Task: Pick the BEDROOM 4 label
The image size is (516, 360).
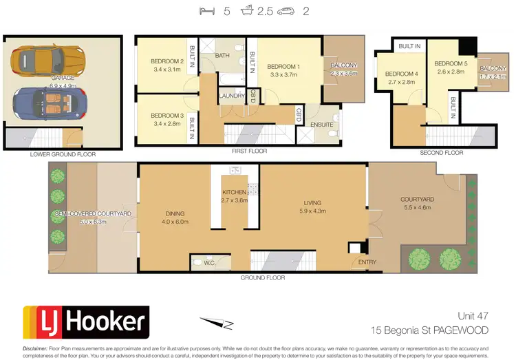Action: click(x=401, y=74)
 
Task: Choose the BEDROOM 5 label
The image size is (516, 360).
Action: click(x=450, y=63)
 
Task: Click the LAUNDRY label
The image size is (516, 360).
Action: click(x=231, y=96)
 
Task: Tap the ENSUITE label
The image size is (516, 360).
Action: click(x=321, y=124)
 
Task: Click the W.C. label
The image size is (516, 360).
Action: click(x=212, y=262)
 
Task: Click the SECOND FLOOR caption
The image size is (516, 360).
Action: click(x=442, y=153)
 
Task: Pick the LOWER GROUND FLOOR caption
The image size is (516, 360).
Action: click(x=63, y=154)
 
